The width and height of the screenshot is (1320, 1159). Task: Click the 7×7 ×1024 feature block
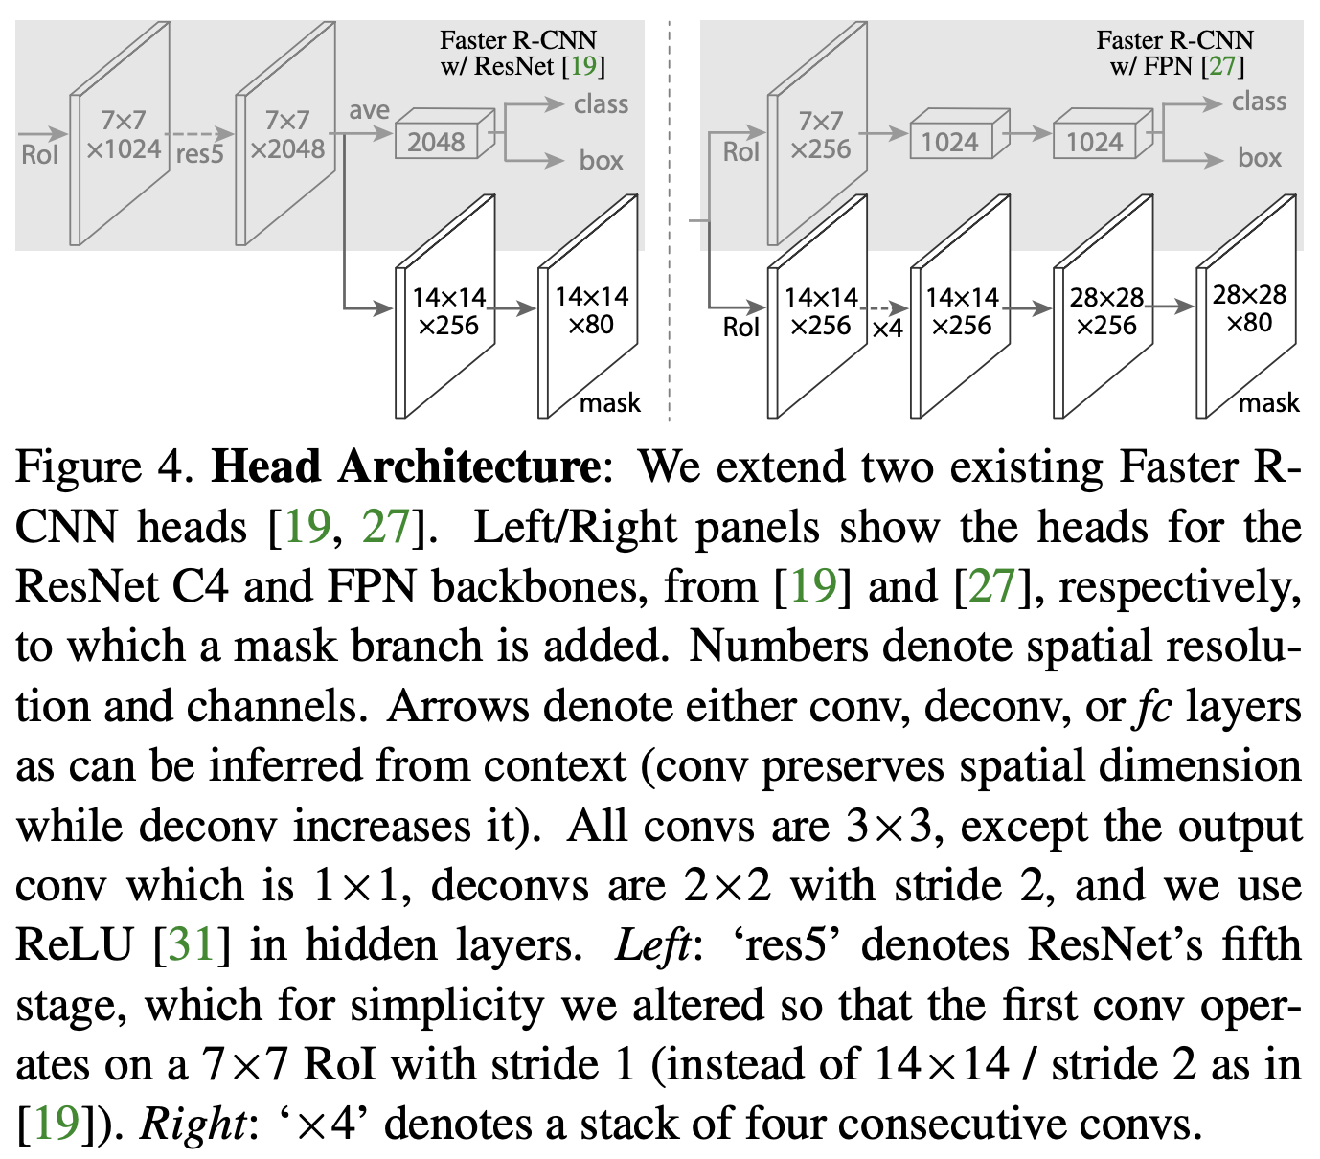click(121, 134)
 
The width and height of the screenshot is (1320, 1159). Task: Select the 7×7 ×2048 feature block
click(285, 134)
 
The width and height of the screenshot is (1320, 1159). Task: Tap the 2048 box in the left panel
click(437, 142)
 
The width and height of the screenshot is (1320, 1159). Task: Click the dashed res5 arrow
click(199, 134)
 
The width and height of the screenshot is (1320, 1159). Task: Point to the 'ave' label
click(369, 110)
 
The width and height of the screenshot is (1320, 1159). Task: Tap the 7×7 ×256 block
click(820, 134)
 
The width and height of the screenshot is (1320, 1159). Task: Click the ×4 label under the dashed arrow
click(887, 329)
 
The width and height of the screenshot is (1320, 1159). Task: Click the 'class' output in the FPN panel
click(1259, 102)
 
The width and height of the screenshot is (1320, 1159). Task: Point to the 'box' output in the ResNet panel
click(601, 160)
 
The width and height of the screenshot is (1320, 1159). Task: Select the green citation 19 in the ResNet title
click(583, 66)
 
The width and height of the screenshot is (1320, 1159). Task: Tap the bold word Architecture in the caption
click(468, 467)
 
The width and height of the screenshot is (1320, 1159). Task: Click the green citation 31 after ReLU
click(192, 944)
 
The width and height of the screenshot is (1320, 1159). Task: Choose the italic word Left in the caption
click(651, 944)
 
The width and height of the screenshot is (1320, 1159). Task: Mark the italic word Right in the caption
click(193, 1124)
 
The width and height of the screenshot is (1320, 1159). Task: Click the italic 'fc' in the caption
click(1153, 707)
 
